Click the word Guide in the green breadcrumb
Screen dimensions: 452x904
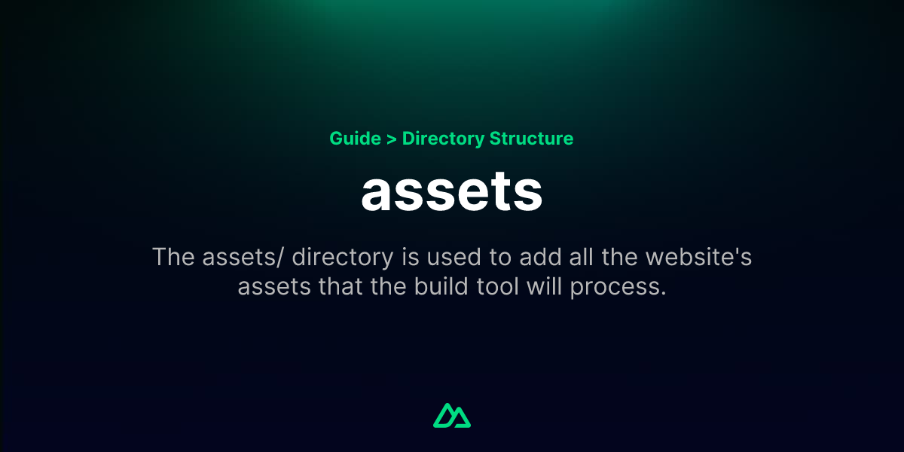pyautogui.click(x=355, y=139)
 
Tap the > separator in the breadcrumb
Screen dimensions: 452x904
pyautogui.click(x=391, y=139)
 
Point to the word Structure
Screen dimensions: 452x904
pyautogui.click(x=531, y=139)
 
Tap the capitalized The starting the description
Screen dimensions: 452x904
pyautogui.click(x=173, y=257)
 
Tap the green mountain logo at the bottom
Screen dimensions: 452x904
pyautogui.click(x=452, y=415)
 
